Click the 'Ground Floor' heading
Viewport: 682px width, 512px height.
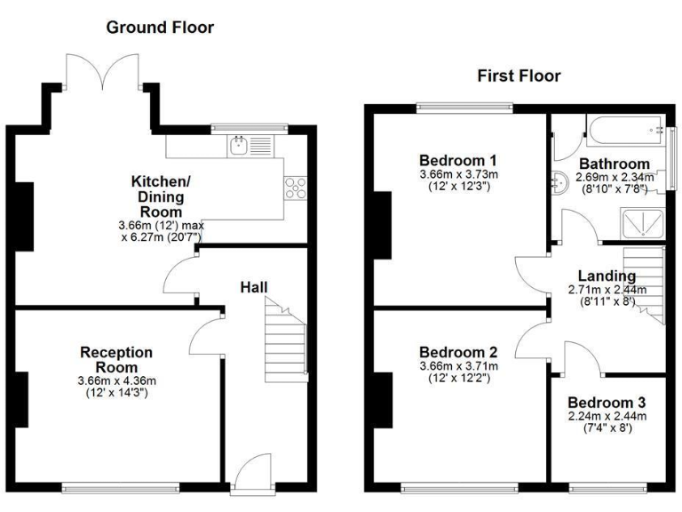pos(160,28)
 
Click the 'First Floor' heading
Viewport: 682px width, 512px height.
pos(519,76)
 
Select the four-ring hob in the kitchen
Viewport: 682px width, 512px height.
pos(294,188)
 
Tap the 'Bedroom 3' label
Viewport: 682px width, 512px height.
pos(607,402)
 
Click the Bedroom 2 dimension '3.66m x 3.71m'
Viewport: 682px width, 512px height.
pos(459,366)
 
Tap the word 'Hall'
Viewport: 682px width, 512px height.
pos(254,286)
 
